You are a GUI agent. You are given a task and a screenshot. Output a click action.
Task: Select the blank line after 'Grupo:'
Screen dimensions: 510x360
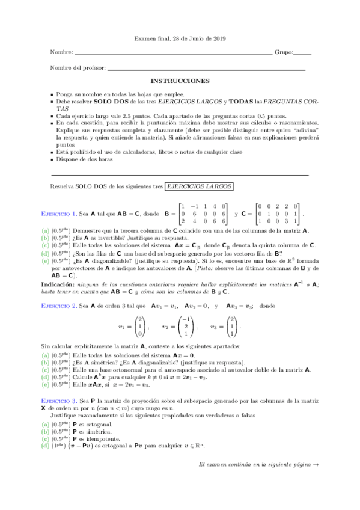click(303, 54)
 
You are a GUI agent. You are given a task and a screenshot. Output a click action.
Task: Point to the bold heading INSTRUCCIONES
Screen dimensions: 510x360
click(180, 80)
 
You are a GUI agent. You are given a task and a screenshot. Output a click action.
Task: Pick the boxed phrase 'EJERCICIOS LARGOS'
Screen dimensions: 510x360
click(202, 187)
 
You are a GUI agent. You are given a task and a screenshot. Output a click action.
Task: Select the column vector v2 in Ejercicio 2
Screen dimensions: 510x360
click(186, 327)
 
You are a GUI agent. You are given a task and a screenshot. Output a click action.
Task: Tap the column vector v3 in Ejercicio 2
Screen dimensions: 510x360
click(233, 327)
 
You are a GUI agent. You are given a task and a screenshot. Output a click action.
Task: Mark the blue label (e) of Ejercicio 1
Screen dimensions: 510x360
click(46, 262)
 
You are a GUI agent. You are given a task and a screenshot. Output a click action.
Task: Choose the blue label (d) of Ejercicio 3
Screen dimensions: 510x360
click(46, 445)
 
